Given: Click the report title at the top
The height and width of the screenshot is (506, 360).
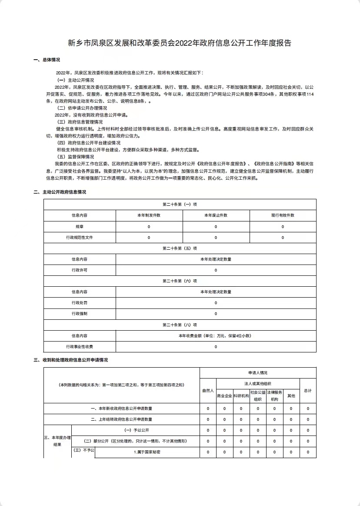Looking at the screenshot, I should pyautogui.click(x=180, y=43).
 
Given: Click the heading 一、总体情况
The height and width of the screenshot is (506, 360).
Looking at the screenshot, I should pyautogui.click(x=47, y=60).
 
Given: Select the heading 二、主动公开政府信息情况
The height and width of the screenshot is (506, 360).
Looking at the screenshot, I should pyautogui.click(x=60, y=192).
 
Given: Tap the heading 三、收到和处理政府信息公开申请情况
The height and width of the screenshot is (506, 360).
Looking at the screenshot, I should pyautogui.click(x=70, y=360).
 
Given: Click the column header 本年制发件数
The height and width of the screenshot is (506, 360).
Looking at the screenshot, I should pyautogui.click(x=149, y=215).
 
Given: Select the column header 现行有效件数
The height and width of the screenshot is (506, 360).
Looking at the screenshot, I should pyautogui.click(x=283, y=215).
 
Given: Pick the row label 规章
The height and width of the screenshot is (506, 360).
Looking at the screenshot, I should pyautogui.click(x=80, y=227).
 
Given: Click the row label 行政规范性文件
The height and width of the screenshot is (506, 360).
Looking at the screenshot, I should pyautogui.click(x=80, y=238).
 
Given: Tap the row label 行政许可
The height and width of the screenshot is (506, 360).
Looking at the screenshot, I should pyautogui.click(x=80, y=270).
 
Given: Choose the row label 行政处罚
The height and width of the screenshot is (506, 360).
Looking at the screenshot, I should pyautogui.click(x=80, y=303).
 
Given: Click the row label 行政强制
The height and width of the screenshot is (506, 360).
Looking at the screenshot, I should pyautogui.click(x=80, y=314).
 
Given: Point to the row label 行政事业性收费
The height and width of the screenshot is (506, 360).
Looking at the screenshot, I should pyautogui.click(x=80, y=347).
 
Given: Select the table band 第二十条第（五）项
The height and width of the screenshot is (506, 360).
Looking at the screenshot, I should pyautogui.click(x=180, y=248).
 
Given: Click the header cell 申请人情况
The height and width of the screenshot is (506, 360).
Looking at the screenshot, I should pyautogui.click(x=258, y=373).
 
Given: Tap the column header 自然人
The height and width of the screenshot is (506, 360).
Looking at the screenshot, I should pyautogui.click(x=208, y=391).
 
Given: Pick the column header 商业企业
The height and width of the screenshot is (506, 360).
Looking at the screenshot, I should pyautogui.click(x=224, y=396).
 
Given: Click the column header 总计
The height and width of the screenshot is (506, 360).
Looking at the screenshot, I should pyautogui.click(x=308, y=391).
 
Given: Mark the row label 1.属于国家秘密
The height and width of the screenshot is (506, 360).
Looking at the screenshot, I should pyautogui.click(x=147, y=452).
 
